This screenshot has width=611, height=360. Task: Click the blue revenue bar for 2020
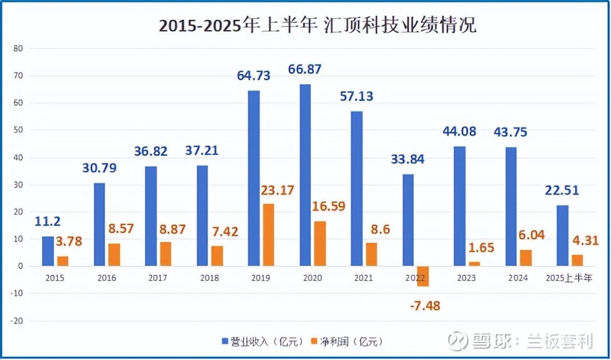305,175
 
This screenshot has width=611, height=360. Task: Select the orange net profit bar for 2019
269,235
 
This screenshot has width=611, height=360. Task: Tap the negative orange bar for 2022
423,276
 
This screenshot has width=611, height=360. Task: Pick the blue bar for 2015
48,251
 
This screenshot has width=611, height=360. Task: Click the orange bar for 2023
475,264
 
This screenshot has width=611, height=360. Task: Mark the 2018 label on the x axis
209,278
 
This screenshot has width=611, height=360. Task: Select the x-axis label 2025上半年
570,278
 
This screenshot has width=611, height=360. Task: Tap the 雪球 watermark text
484,341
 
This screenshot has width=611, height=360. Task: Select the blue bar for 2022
409,220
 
